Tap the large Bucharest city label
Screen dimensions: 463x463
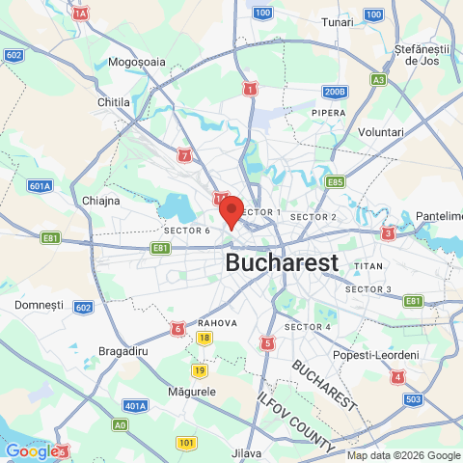pos(282,262)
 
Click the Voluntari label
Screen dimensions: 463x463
pos(380,131)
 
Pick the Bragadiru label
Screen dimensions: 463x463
pos(123,352)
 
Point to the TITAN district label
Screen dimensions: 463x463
pos(368,265)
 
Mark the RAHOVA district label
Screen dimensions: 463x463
pos(217,323)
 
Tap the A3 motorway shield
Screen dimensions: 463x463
pos(379,79)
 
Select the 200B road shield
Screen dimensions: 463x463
pos(334,93)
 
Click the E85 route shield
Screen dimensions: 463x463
pos(336,181)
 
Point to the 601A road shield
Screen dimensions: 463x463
pos(40,186)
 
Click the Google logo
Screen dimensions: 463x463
pos(31,450)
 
